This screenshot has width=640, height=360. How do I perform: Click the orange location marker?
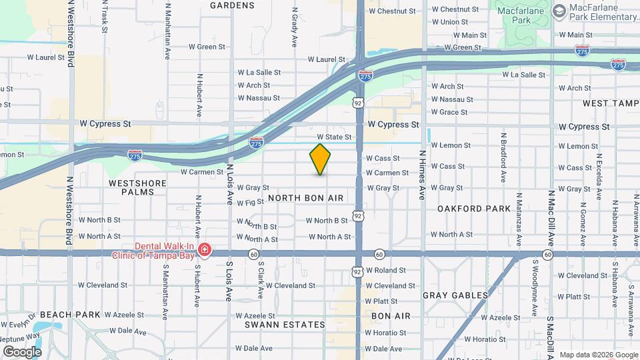320,159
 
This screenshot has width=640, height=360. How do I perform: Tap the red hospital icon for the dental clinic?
205,251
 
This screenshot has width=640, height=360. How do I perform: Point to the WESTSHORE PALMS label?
131,187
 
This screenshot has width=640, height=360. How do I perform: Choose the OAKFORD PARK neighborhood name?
473,209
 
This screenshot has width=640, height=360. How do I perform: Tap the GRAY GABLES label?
455,295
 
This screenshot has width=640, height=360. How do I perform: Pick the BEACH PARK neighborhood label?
69,314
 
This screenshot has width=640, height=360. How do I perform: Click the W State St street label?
338,137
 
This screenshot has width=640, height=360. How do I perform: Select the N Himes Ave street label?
422,175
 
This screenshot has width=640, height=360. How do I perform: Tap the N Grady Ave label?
293,27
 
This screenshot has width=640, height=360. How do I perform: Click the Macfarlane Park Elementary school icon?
558,10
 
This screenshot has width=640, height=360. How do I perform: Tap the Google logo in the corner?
21,351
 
